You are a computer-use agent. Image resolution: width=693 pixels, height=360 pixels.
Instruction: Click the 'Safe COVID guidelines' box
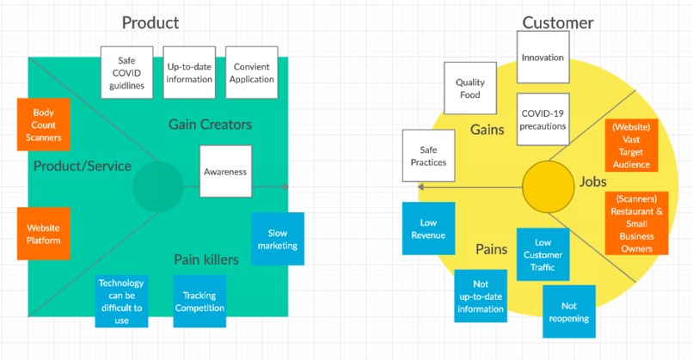pyautogui.click(x=127, y=71)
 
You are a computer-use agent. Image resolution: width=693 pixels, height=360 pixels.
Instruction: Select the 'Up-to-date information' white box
pyautogui.click(x=189, y=71)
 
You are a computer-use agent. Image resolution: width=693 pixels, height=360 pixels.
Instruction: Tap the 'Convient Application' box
pyautogui.click(x=252, y=71)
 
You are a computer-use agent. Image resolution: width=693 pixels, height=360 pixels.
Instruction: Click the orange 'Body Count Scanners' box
pyautogui.click(x=43, y=125)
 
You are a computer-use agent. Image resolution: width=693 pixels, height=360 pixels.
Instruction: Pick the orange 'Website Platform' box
pyautogui.click(x=43, y=234)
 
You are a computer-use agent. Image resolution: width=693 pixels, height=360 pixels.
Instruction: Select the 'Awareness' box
pyautogui.click(x=225, y=171)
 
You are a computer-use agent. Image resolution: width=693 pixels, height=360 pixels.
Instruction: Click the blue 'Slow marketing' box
pyautogui.click(x=278, y=239)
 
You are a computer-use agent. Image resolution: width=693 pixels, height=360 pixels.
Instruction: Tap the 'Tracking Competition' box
pyautogui.click(x=199, y=302)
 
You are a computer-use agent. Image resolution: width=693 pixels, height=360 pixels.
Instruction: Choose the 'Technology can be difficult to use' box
pyautogui.click(x=121, y=302)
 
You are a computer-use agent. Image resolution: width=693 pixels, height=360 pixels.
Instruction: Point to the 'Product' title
pyautogui.click(x=150, y=22)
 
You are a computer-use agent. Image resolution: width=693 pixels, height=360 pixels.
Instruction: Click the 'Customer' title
pyautogui.click(x=557, y=22)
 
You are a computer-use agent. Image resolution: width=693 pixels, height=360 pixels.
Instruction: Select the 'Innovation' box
pyautogui.click(x=543, y=58)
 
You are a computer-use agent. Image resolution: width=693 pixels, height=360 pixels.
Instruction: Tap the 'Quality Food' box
pyautogui.click(x=469, y=88)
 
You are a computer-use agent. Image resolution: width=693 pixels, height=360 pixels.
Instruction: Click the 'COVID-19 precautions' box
pyautogui.click(x=543, y=119)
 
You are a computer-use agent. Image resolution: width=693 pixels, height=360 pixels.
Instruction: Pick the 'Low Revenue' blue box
pyautogui.click(x=428, y=229)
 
